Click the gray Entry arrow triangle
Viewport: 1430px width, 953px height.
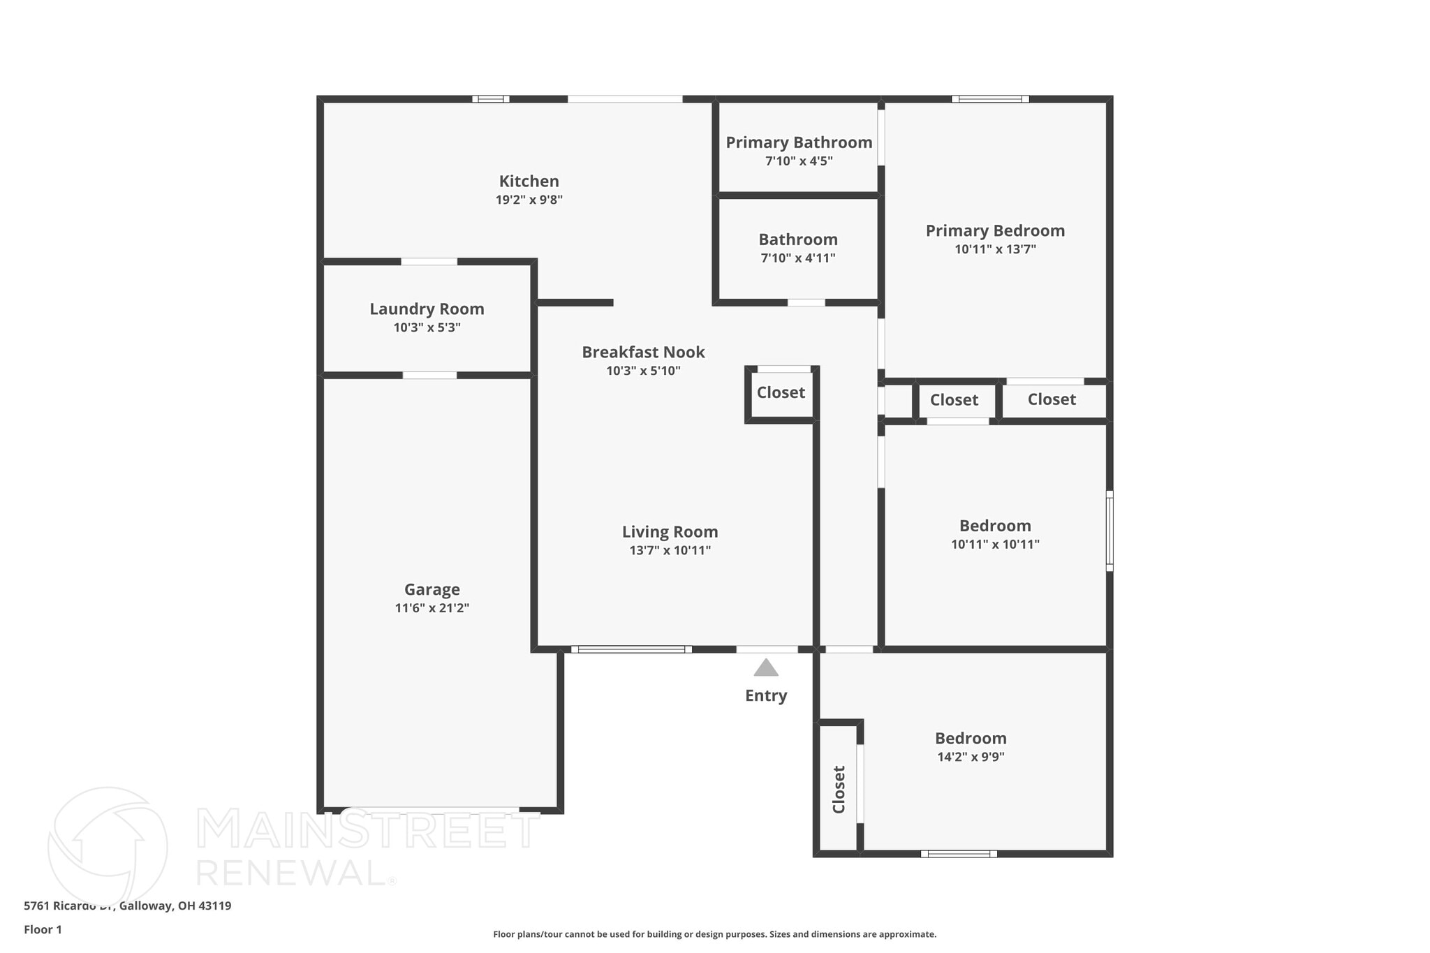click(x=766, y=668)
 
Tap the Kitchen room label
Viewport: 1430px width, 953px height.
click(x=529, y=182)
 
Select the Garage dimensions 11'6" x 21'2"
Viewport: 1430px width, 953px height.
click(x=432, y=608)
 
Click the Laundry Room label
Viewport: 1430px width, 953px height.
click(x=427, y=309)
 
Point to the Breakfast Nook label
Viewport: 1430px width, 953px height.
click(x=643, y=352)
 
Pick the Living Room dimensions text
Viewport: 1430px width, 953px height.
click(x=670, y=550)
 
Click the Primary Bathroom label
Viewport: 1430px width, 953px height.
click(x=799, y=142)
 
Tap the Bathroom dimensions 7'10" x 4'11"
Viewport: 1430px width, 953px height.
click(x=797, y=258)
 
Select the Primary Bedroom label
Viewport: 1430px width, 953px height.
click(x=995, y=230)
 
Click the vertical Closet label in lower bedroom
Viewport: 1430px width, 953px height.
click(x=839, y=789)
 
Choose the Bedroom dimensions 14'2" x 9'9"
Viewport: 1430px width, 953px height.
click(x=971, y=757)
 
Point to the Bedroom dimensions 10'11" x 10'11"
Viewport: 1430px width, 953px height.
click(x=995, y=545)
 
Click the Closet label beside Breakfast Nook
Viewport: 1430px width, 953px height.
click(x=781, y=392)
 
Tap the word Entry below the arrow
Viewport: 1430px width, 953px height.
click(x=766, y=695)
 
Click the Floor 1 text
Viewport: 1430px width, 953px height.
click(x=43, y=929)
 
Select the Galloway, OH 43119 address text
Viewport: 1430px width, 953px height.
click(x=175, y=906)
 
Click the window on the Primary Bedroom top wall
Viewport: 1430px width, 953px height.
click(x=990, y=99)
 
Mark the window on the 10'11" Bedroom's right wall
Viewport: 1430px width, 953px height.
click(x=1110, y=531)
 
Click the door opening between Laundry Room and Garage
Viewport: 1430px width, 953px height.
click(x=429, y=376)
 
